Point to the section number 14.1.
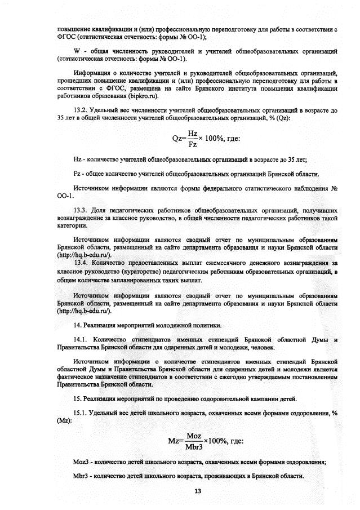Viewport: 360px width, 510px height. pos(83,340)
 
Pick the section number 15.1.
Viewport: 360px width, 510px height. pos(83,413)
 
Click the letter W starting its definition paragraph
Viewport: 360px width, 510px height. pos(77,52)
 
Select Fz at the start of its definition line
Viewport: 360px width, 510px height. pos(78,175)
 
